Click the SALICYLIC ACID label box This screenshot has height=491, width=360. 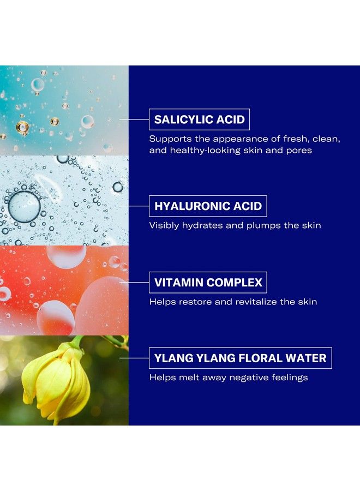[x=200, y=119]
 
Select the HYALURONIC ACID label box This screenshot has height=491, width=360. [x=208, y=206]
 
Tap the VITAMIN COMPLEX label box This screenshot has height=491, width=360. [x=208, y=283]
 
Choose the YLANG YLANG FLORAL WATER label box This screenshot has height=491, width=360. [x=241, y=358]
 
